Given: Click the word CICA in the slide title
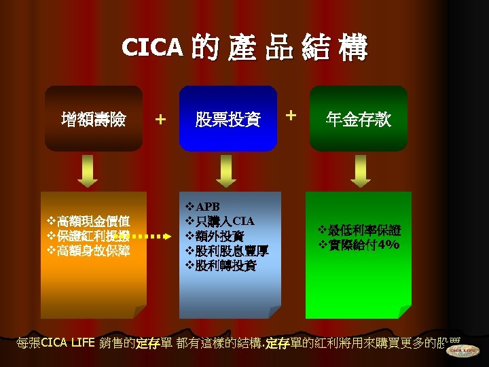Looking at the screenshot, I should point(153,47).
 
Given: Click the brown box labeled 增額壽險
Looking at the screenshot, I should point(93,120).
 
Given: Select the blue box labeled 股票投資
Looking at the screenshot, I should point(228,120).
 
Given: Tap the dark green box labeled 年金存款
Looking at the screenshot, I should point(359,120).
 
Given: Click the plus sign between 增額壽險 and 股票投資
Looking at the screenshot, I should point(160,120).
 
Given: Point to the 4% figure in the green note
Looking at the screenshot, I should point(389,245).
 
